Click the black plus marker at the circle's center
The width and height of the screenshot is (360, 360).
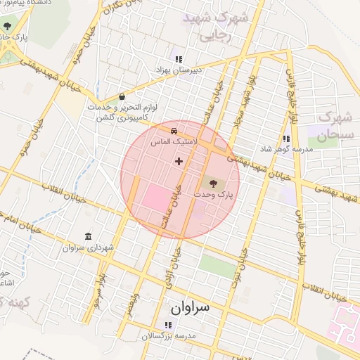(x=179, y=161)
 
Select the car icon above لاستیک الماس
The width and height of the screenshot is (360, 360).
(x=173, y=130)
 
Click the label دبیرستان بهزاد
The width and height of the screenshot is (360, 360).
(x=179, y=70)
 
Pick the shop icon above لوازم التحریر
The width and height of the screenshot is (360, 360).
(x=122, y=96)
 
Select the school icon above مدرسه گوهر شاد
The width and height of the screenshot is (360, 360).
(x=285, y=139)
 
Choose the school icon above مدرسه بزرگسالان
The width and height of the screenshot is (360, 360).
(x=167, y=324)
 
